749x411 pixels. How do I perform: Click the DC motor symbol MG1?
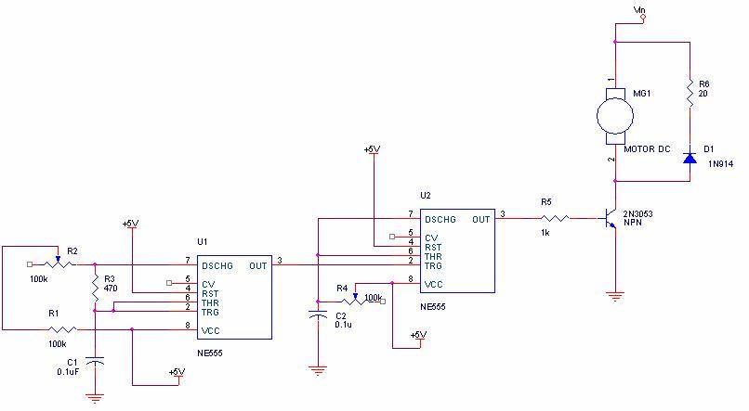(x=614, y=116)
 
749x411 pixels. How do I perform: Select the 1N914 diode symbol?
(x=690, y=157)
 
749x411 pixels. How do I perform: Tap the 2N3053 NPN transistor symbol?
(x=610, y=219)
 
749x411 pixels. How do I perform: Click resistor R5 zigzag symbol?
(x=556, y=219)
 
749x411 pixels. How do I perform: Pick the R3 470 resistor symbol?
(x=95, y=288)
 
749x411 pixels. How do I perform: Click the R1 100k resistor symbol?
(x=61, y=328)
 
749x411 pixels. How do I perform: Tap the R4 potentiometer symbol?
(x=354, y=300)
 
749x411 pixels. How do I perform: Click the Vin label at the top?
(x=638, y=10)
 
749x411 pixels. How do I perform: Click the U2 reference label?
(x=426, y=196)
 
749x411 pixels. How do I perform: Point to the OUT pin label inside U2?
(x=481, y=220)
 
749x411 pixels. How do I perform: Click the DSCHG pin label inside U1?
(x=217, y=264)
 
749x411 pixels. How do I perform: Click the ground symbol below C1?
(x=95, y=397)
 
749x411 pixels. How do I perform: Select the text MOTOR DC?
(x=647, y=149)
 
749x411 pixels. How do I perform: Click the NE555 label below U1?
(x=210, y=353)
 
